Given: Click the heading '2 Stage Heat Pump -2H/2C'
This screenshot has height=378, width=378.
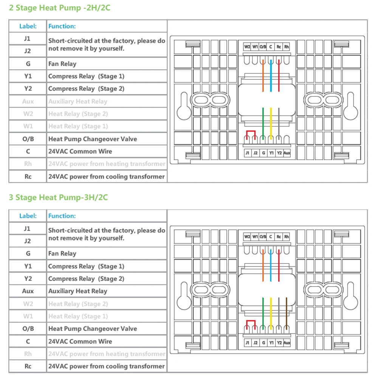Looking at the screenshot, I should point(60,8).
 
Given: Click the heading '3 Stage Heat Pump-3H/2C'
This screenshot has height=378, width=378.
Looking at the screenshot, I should point(59,197).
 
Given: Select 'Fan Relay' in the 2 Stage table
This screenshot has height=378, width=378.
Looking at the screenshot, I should point(62,64).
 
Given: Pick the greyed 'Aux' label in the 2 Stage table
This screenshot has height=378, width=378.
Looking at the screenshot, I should point(28,101).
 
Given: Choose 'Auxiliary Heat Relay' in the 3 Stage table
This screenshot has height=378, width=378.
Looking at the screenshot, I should point(78,291).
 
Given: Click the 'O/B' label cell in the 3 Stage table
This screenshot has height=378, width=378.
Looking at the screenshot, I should point(28,328).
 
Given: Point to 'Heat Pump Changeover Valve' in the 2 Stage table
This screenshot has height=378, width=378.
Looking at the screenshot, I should point(93,139).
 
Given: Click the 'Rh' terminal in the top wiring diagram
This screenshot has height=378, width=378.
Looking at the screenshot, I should point(287,47).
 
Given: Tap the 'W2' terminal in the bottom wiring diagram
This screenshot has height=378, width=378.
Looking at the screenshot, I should point(247,237).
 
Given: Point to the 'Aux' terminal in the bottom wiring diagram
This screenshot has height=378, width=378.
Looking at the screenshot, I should point(287,343).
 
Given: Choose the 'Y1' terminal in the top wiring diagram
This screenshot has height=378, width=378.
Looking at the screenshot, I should point(271,153).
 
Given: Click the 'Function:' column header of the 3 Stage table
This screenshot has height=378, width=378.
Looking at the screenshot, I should point(62,216).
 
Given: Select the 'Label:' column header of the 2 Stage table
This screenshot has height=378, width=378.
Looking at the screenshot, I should point(28,26).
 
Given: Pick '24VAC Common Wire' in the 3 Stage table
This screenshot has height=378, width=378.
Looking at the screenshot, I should point(80,341).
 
